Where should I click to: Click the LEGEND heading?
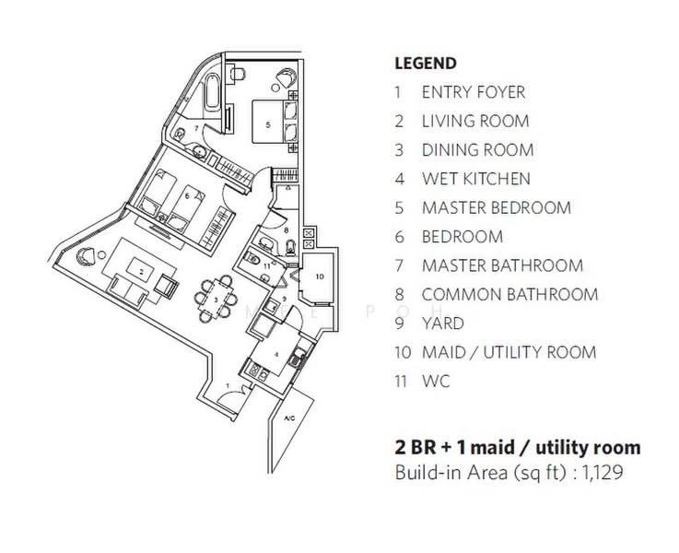[x=426, y=64]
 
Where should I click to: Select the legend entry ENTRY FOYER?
[x=474, y=92]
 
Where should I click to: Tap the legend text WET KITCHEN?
[x=476, y=179]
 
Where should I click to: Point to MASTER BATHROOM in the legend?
[x=502, y=265]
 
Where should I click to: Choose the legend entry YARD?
[x=442, y=324]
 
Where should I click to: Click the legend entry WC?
[x=436, y=382]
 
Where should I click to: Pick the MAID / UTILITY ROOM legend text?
[x=509, y=352]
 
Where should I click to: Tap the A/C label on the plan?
[x=289, y=418]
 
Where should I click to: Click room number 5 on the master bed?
[x=268, y=124]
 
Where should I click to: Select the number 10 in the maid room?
[x=320, y=276]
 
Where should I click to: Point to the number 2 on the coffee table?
[x=141, y=272]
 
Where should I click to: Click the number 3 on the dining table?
[x=216, y=300]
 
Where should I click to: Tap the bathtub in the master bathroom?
[x=212, y=92]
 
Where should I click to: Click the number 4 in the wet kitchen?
[x=276, y=355]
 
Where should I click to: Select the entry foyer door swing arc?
[x=231, y=394]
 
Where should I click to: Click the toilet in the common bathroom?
[x=290, y=247]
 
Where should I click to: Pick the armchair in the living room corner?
[x=86, y=256]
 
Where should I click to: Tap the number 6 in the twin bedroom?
[x=187, y=195]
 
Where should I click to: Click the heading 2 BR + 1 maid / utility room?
[x=518, y=447]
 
